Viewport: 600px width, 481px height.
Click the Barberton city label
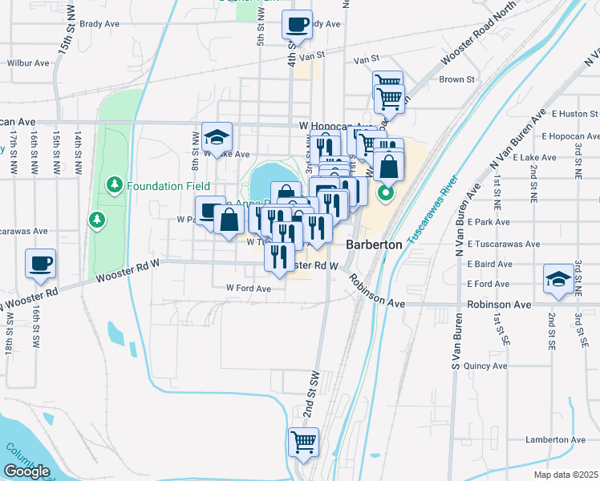(373, 245)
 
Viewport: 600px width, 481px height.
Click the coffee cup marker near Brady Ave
(298, 25)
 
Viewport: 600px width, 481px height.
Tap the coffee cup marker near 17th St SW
(39, 264)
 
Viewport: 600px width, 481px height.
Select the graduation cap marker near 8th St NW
(217, 137)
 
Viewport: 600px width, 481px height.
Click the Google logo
(26, 471)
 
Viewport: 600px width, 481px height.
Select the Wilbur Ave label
(29, 63)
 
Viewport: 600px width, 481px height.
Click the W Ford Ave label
(249, 289)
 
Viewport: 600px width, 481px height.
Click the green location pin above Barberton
(386, 193)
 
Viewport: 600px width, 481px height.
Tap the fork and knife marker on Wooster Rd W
(278, 257)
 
